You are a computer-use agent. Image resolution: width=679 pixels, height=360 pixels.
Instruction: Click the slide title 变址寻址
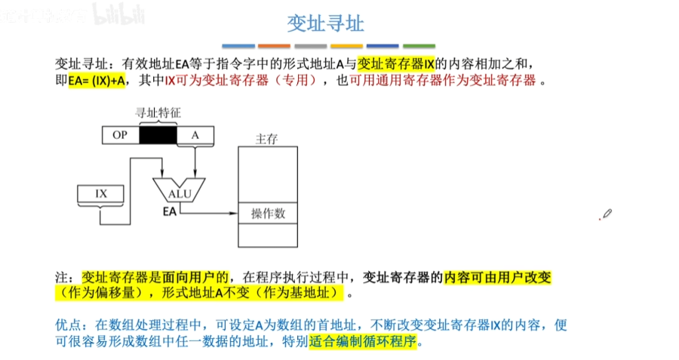tap(326, 23)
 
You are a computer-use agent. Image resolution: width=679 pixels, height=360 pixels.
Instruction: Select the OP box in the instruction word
tap(120, 134)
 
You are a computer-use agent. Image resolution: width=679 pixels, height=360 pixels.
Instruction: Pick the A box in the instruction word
tap(195, 134)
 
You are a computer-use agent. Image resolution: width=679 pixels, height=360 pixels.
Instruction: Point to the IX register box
tap(101, 194)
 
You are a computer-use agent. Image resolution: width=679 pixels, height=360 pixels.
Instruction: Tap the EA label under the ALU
tap(170, 213)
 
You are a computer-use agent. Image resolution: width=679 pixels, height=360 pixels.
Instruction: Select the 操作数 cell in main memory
tap(269, 214)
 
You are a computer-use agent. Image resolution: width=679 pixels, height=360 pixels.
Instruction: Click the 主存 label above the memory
tap(268, 140)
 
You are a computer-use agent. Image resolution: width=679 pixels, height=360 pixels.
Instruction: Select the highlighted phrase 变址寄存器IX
tap(396, 63)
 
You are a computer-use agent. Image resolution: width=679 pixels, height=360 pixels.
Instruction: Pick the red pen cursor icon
tap(606, 214)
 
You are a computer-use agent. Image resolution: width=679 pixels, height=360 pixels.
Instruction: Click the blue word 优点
tap(69, 325)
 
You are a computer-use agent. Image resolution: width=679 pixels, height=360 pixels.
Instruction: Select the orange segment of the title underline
tap(274, 46)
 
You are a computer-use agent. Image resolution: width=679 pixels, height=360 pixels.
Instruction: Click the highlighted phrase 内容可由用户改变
tap(498, 277)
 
